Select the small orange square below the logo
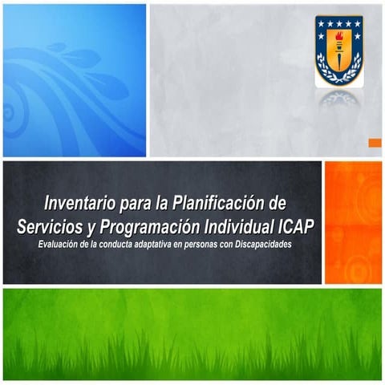(x=375, y=143)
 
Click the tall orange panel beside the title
(x=353, y=222)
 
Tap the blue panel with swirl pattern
(x=75, y=80)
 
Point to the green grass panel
(x=192, y=333)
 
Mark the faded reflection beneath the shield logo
(x=338, y=99)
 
